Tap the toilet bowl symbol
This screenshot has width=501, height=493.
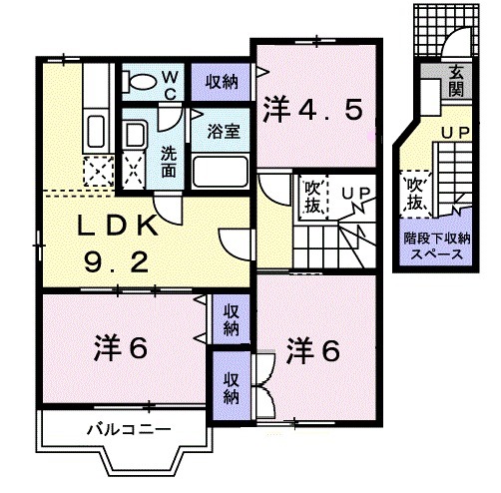coord(141,81)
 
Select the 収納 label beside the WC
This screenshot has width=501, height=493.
coord(223,82)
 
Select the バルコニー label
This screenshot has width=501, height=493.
coord(128,430)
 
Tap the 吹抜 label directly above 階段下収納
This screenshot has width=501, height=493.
coord(415,195)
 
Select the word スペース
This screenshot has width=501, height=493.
coord(437,254)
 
